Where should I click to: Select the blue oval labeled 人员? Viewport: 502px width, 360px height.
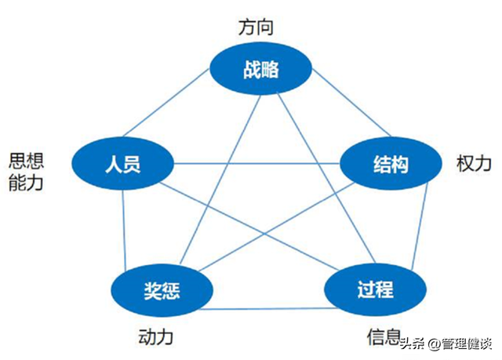(122, 164)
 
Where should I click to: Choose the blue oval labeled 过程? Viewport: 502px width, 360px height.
(369, 288)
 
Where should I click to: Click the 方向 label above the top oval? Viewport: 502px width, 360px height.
(256, 27)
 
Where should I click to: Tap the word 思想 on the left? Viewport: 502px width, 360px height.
(26, 161)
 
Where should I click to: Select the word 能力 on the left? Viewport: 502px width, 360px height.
(26, 184)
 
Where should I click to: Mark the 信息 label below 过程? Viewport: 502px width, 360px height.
(384, 337)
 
